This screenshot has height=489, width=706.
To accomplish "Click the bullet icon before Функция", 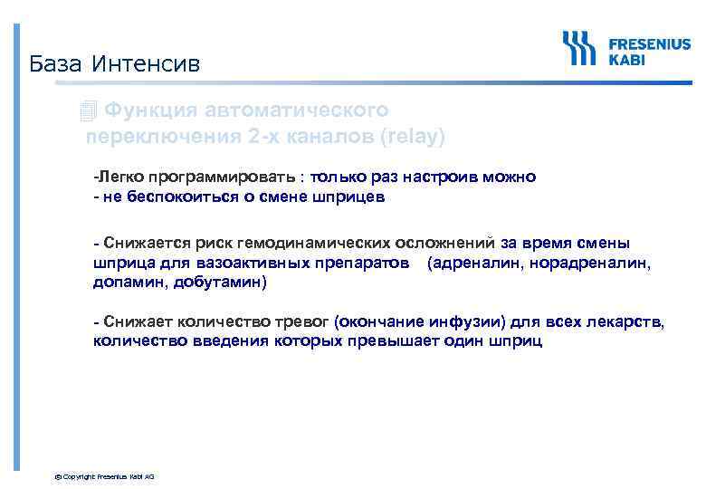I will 87,112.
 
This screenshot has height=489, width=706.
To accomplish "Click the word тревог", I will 303,322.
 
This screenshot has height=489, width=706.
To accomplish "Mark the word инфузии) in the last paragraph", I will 468,322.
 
